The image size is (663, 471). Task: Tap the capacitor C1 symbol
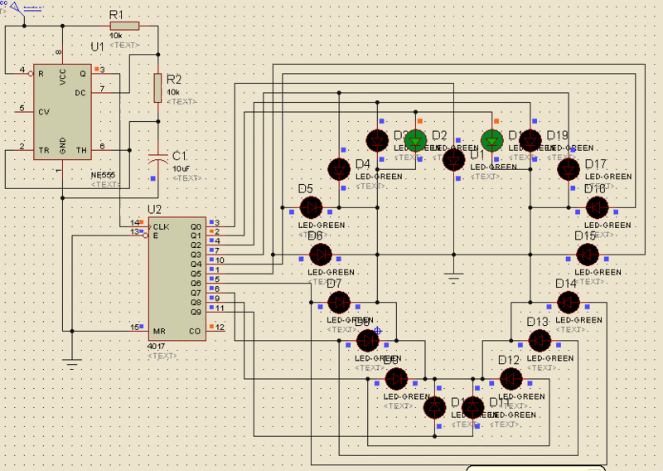(157, 155)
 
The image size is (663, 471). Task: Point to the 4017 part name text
(157, 346)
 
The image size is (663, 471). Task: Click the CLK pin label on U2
(161, 226)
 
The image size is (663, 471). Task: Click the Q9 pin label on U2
(196, 312)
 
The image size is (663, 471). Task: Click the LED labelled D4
(339, 169)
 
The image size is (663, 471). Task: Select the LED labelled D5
(311, 207)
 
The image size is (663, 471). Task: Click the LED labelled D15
(587, 254)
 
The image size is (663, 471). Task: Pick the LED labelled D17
(568, 169)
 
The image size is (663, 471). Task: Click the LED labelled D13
(540, 340)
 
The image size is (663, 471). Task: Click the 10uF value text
(181, 168)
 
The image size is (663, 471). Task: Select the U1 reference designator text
(98, 48)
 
